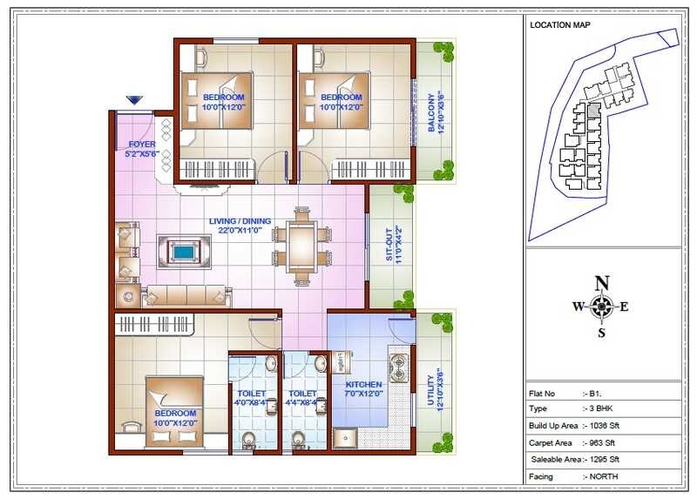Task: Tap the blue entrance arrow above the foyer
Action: (x=134, y=101)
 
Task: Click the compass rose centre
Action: (x=601, y=306)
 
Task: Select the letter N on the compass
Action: (x=601, y=283)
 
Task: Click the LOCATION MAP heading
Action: (x=560, y=25)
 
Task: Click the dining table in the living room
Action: (x=301, y=246)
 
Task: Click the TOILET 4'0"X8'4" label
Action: (x=252, y=398)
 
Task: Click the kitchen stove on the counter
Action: (x=400, y=367)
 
